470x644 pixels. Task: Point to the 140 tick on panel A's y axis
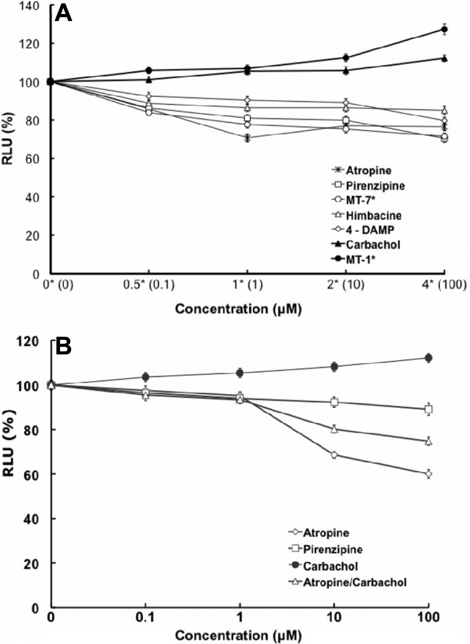click(x=32, y=6)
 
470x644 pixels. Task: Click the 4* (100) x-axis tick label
click(x=445, y=285)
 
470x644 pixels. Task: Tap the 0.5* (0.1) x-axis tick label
click(x=149, y=285)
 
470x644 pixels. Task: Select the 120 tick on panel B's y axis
click(x=32, y=341)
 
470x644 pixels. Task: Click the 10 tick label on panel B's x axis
click(x=334, y=617)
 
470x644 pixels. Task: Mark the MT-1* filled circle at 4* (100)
click(x=444, y=29)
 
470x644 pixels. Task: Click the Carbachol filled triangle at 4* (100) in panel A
click(x=444, y=59)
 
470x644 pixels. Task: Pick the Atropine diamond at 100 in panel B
click(x=428, y=474)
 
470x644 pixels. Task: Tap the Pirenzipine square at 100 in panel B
click(x=428, y=409)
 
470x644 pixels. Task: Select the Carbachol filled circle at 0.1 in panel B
click(x=146, y=376)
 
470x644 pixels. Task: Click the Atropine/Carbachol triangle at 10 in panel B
click(x=334, y=429)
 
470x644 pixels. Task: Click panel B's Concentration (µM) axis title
click(x=238, y=635)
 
